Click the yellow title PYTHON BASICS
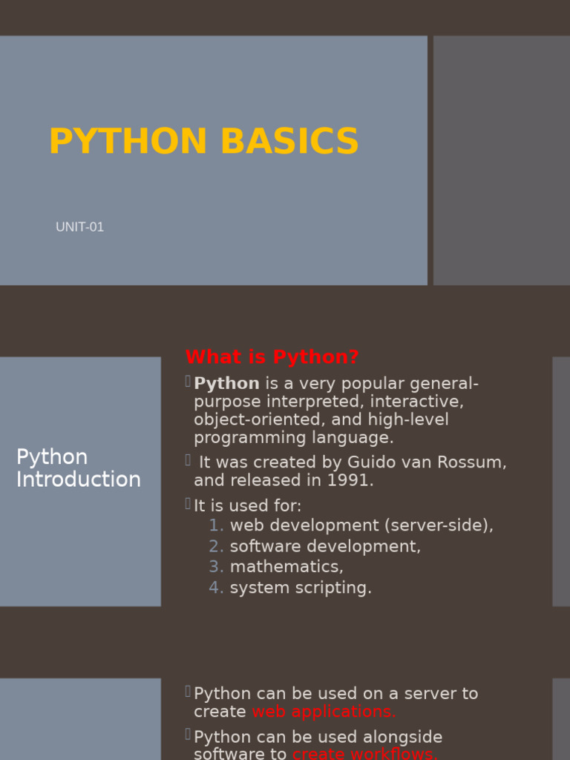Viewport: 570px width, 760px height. pos(203,142)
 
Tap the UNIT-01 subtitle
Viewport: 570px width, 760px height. pos(79,227)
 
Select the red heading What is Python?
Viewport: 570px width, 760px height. pos(272,357)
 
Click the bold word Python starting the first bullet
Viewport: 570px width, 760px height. pos(226,384)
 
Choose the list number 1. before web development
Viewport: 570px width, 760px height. pos(216,525)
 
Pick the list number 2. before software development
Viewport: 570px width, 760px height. pos(216,546)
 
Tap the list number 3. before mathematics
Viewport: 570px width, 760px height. pos(216,567)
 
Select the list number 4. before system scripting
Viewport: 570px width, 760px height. pos(216,588)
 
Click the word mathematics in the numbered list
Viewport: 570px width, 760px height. pos(286,567)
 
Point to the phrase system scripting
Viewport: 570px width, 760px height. pos(301,588)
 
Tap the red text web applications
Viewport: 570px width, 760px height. pos(324,712)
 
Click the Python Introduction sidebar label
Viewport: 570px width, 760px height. pos(78,468)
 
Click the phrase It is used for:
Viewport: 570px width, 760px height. pos(248,506)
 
